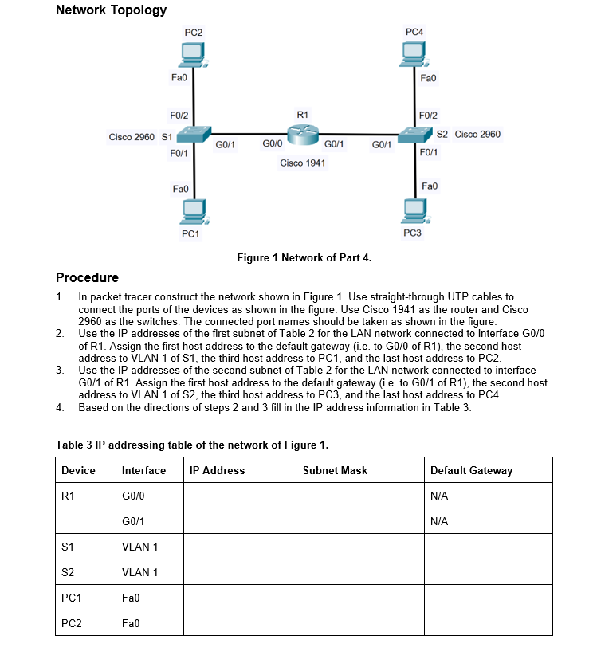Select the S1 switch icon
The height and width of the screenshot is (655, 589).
[194, 134]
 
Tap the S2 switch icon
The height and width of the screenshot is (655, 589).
[415, 134]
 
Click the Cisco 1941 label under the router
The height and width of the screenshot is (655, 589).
[303, 163]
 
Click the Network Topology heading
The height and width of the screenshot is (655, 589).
[112, 10]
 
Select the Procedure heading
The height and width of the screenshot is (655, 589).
[87, 277]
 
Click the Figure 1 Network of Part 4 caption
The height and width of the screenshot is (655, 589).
[304, 257]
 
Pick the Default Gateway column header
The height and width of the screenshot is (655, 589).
[471, 470]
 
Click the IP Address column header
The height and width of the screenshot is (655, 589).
[218, 470]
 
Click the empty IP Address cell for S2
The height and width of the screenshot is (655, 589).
[240, 572]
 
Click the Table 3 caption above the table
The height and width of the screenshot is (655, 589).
[191, 445]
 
